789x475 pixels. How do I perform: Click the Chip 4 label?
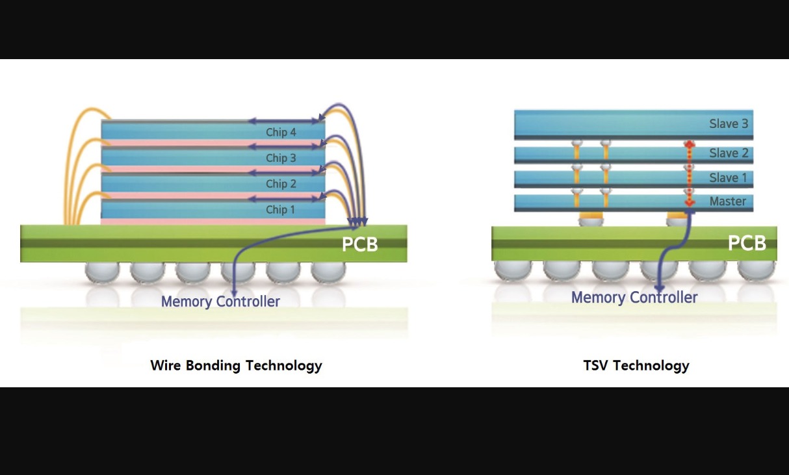pyautogui.click(x=281, y=133)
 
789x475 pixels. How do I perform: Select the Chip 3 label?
pyautogui.click(x=281, y=158)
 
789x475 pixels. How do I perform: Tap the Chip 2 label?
pyautogui.click(x=281, y=184)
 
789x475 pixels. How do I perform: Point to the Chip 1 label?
pyautogui.click(x=280, y=210)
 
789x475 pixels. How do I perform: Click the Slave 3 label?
pyautogui.click(x=729, y=123)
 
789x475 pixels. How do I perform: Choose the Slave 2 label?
pyautogui.click(x=729, y=153)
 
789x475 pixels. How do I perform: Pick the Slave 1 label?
pyautogui.click(x=728, y=178)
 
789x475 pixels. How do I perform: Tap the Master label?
pyautogui.click(x=728, y=201)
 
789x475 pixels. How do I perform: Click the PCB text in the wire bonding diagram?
pyautogui.click(x=359, y=244)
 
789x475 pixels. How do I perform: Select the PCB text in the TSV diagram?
pyautogui.click(x=747, y=243)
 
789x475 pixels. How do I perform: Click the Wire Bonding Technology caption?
pyautogui.click(x=236, y=365)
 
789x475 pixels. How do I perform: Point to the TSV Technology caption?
pyautogui.click(x=636, y=365)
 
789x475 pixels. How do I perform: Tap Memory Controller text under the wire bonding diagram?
pyautogui.click(x=220, y=302)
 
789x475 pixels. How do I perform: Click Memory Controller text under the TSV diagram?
pyautogui.click(x=634, y=298)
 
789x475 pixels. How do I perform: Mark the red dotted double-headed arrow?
pyautogui.click(x=690, y=173)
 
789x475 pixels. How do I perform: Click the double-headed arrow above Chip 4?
pyautogui.click(x=284, y=121)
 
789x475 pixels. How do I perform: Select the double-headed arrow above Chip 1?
pyautogui.click(x=284, y=199)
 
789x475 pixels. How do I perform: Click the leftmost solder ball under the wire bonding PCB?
pyautogui.click(x=103, y=272)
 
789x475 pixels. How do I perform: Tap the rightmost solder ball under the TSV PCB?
pyautogui.click(x=756, y=271)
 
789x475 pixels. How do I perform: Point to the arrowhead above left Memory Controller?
pyautogui.click(x=234, y=293)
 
